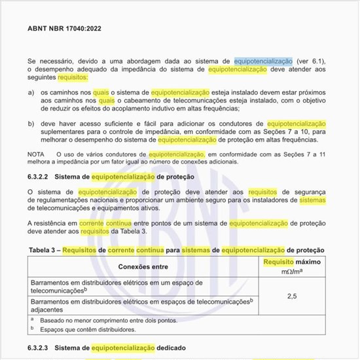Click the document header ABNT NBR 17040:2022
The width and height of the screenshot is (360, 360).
tap(64, 29)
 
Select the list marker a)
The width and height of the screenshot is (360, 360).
tap(31, 93)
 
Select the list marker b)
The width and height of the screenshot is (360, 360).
tap(31, 123)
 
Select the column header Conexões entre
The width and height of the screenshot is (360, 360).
tap(143, 266)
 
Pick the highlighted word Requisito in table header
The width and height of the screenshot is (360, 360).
tap(278, 262)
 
